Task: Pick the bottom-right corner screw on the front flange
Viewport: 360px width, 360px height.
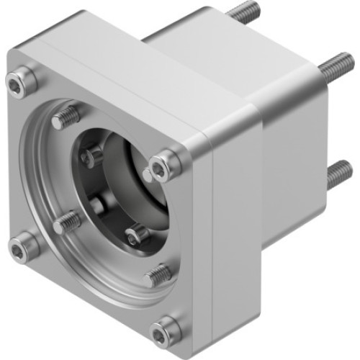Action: [165, 332]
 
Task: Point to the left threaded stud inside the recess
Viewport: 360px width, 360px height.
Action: [68, 222]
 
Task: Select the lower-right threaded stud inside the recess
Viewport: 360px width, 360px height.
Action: [157, 274]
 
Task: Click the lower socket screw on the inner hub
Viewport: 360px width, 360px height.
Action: [136, 234]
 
